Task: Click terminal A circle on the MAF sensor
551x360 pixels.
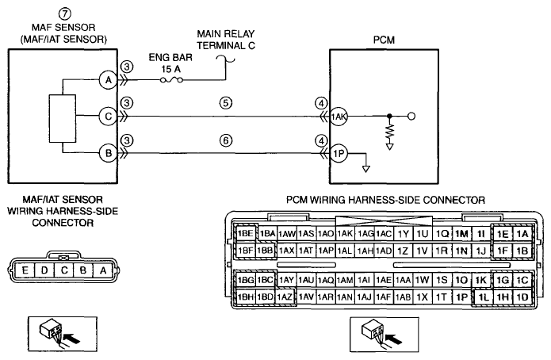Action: tap(109, 80)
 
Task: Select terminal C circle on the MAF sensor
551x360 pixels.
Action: tap(109, 116)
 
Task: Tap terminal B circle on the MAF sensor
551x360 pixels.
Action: tap(109, 153)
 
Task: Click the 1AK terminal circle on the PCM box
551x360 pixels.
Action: tap(339, 117)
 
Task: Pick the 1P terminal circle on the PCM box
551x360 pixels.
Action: tap(339, 153)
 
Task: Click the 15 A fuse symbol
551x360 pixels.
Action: tap(171, 80)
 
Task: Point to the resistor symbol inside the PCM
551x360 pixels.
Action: tap(389, 131)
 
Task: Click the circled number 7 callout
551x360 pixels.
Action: tap(65, 14)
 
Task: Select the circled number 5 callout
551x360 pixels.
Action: tap(226, 103)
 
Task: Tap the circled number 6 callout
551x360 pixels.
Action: tap(226, 140)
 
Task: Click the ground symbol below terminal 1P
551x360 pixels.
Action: tap(366, 169)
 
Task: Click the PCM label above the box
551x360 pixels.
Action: tap(384, 40)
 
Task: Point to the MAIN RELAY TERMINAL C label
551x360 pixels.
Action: tap(226, 40)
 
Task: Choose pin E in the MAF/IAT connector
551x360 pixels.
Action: tap(25, 270)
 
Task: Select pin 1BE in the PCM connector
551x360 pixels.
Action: tap(245, 233)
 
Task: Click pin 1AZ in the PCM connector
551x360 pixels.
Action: tap(285, 297)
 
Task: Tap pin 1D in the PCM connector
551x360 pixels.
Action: tap(522, 297)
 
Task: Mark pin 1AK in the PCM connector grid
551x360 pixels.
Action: tap(345, 233)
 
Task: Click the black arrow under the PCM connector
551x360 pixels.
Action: tap(394, 338)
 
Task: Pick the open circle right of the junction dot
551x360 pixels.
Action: tap(411, 116)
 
